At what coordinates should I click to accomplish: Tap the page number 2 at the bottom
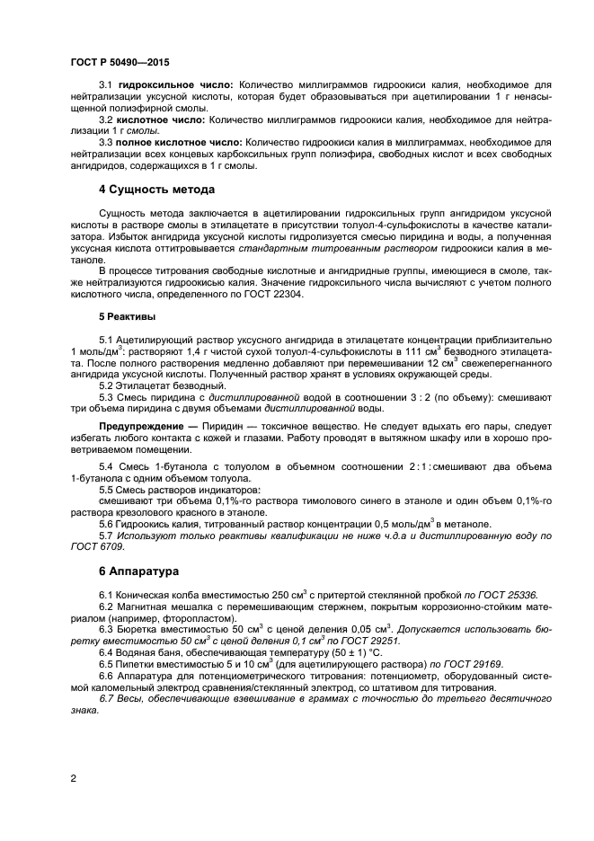[x=73, y=778]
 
